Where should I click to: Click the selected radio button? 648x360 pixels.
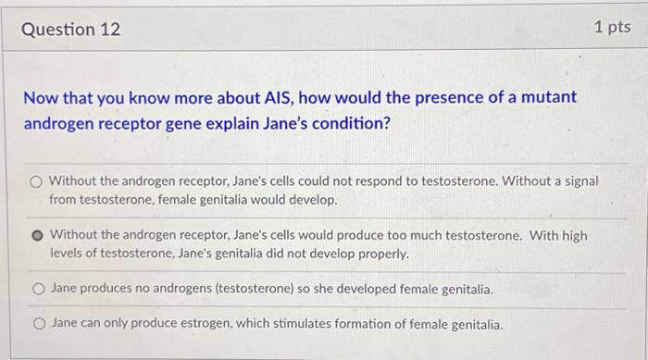pyautogui.click(x=36, y=235)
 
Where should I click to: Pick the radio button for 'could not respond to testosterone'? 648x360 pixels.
pyautogui.click(x=36, y=181)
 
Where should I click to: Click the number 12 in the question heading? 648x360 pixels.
pyautogui.click(x=110, y=29)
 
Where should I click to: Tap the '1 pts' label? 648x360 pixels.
pyautogui.click(x=611, y=28)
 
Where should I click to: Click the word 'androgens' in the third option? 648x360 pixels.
pyautogui.click(x=181, y=290)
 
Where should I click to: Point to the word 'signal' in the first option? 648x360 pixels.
pyautogui.click(x=579, y=181)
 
